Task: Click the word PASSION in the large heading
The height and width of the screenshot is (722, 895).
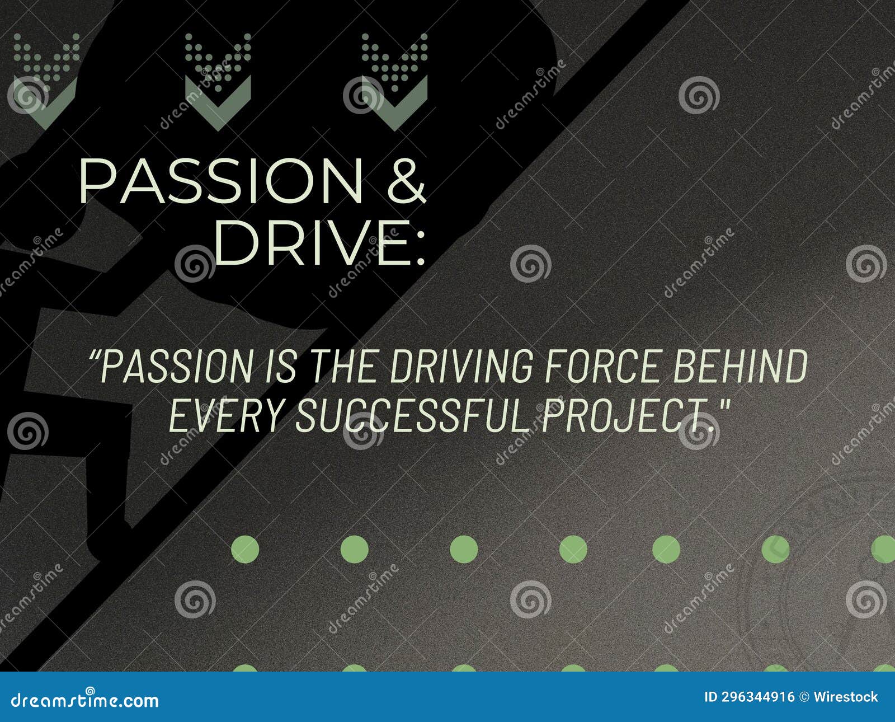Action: point(222,181)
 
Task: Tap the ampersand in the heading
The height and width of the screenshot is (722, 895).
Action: point(407,180)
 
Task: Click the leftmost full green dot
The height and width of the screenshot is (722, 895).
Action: point(245,549)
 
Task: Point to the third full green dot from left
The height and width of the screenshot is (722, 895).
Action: point(464,549)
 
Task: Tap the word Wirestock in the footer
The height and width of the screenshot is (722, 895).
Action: point(845,697)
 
